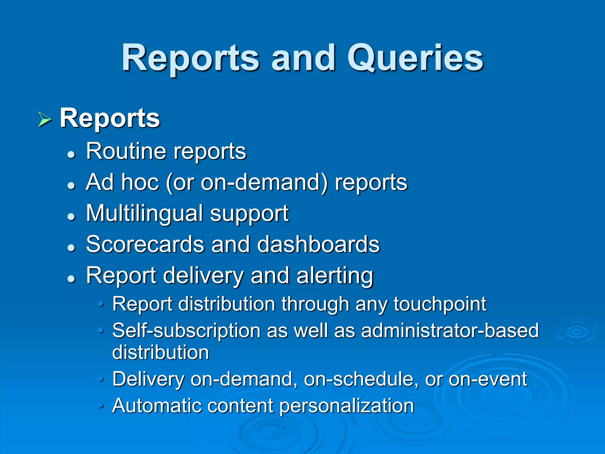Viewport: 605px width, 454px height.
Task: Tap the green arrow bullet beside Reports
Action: pyautogui.click(x=45, y=120)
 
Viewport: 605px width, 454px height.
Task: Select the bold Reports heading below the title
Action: pyautogui.click(x=110, y=118)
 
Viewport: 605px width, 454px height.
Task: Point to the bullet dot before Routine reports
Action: pyautogui.click(x=71, y=154)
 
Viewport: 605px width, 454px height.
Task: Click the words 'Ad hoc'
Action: pyautogui.click(x=122, y=182)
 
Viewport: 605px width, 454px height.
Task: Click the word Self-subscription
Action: pyautogui.click(x=186, y=331)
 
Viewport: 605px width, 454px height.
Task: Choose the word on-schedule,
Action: pyautogui.click(x=361, y=379)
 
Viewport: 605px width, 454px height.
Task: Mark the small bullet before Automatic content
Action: pyautogui.click(x=101, y=406)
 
